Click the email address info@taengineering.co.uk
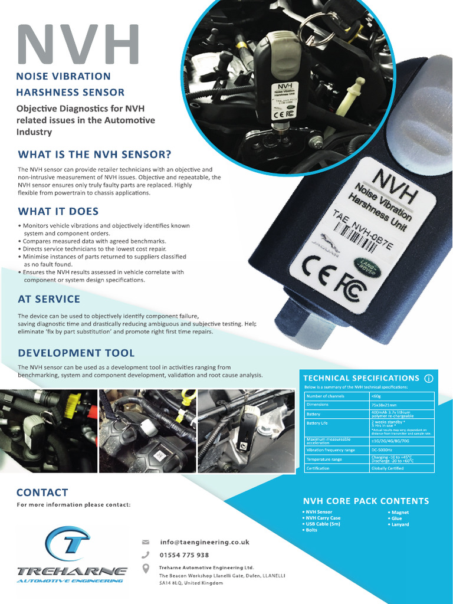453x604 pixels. [205, 542]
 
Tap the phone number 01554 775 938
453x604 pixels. [184, 555]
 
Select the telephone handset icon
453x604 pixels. [146, 555]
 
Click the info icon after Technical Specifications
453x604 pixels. [429, 378]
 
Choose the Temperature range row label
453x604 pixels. [324, 459]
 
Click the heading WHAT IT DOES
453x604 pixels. [58, 211]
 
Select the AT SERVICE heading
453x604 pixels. [49, 299]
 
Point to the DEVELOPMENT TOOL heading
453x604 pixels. [76, 353]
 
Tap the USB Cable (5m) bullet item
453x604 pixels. [323, 524]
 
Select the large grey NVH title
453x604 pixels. [78, 44]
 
